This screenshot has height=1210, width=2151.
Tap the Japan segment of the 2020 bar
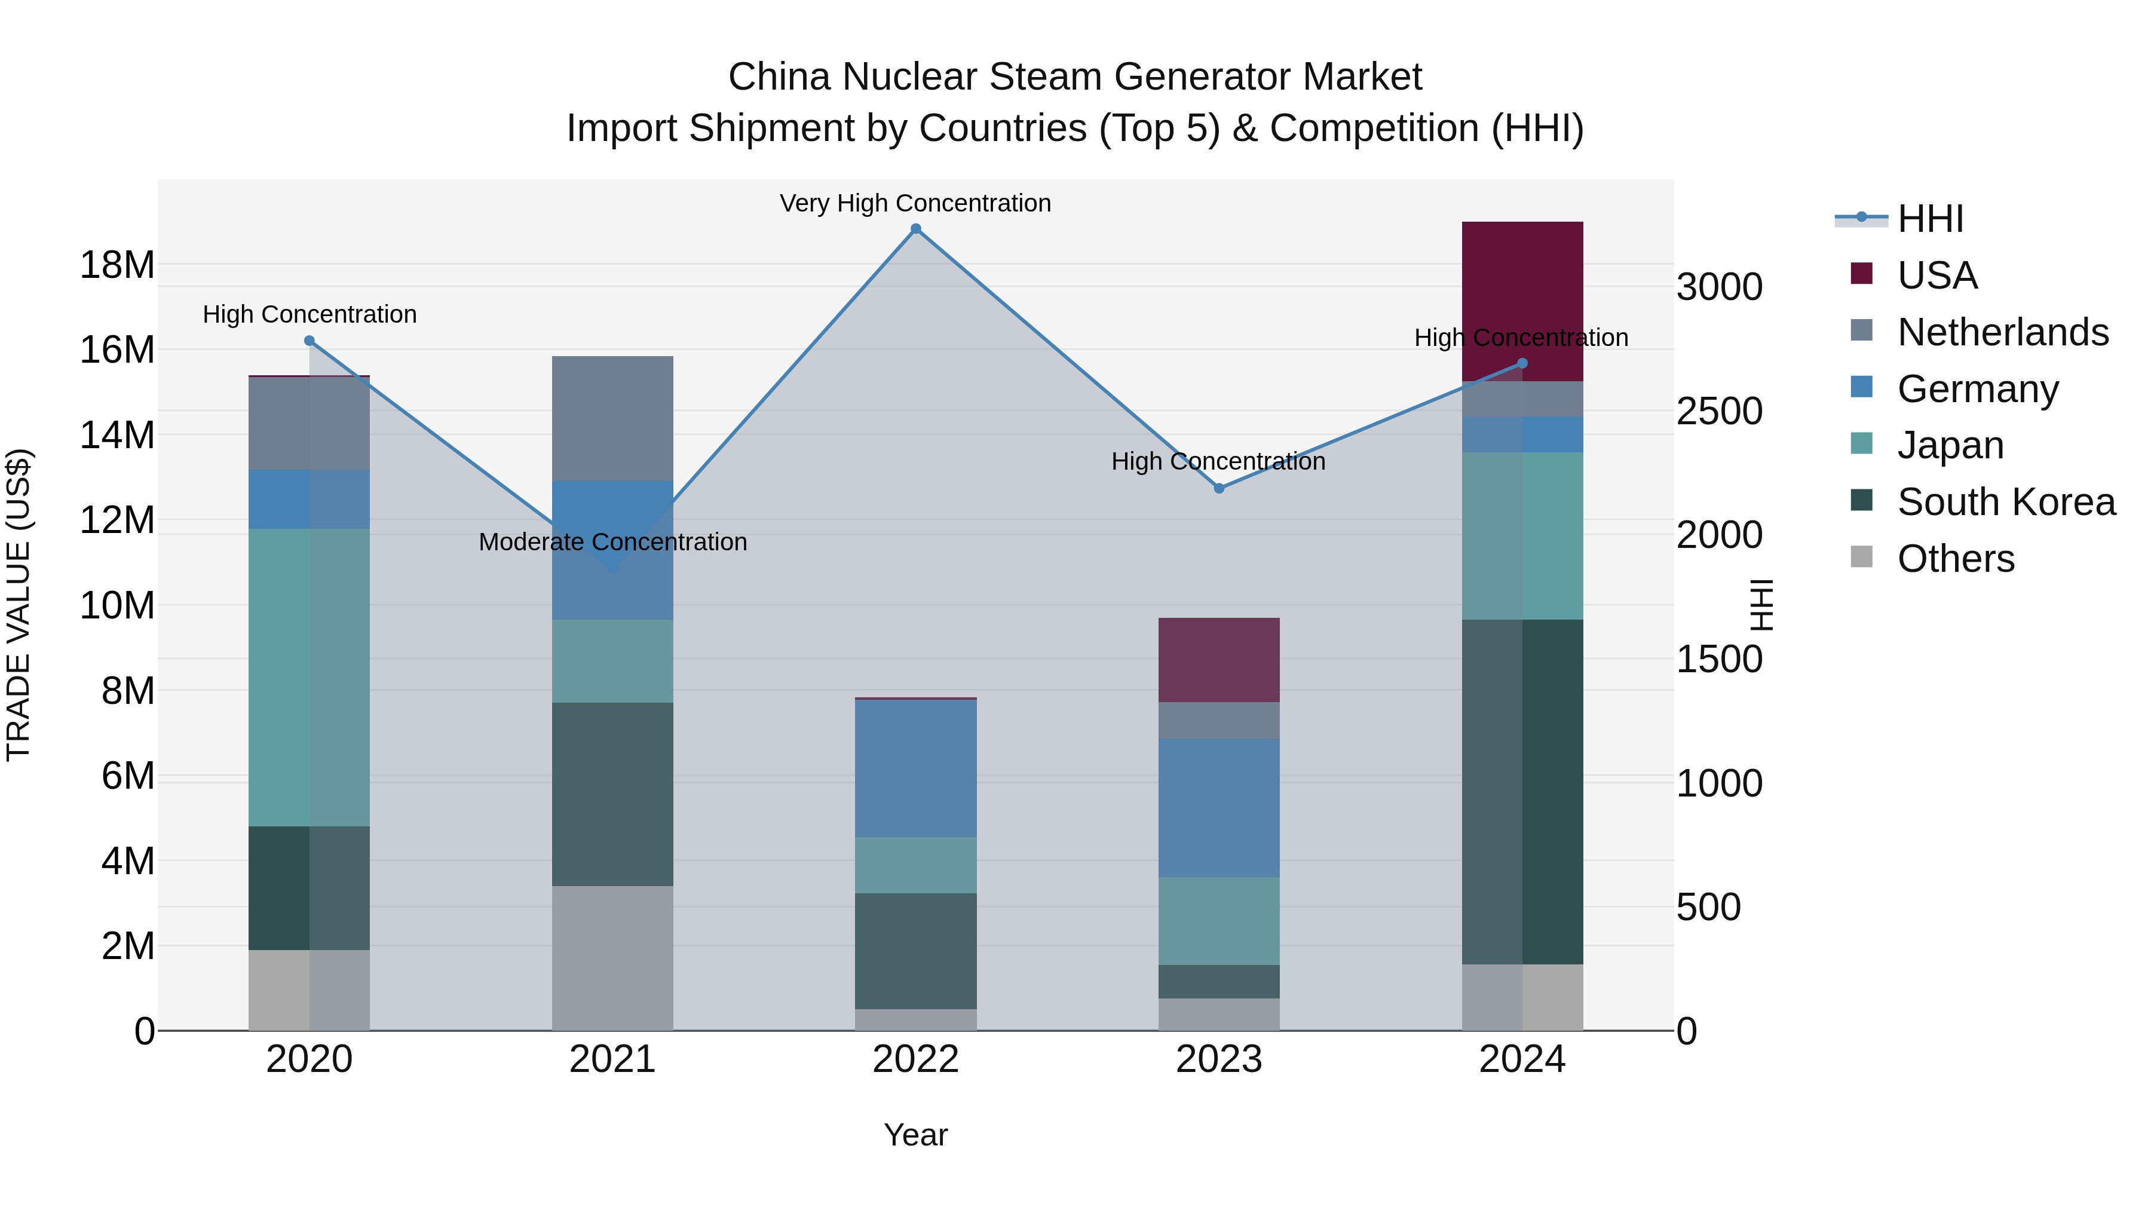point(309,676)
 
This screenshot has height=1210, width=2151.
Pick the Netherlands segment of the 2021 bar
point(612,418)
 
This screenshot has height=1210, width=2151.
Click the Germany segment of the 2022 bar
point(915,768)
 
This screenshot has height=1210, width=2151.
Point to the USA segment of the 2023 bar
point(1218,660)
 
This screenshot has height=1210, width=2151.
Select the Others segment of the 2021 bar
point(612,958)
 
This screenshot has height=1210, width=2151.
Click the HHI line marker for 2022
point(915,229)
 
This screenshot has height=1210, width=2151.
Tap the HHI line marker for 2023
point(1218,489)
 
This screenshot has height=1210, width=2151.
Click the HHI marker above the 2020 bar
point(309,341)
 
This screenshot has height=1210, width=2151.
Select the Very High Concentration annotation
point(915,203)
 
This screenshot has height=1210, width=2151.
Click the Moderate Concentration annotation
point(612,542)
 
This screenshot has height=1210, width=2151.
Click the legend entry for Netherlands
point(2002,332)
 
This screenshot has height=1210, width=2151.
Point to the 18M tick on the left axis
point(117,265)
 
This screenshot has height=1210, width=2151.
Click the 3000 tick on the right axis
point(1719,287)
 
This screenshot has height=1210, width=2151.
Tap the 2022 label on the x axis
point(915,1059)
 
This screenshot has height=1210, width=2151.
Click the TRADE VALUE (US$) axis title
point(19,605)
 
